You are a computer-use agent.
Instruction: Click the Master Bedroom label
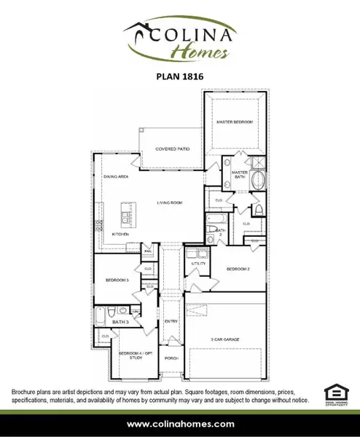[234, 122]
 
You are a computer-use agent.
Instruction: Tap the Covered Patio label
[173, 149]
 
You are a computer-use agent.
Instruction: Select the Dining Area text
[115, 176]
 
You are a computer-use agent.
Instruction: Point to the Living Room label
[168, 202]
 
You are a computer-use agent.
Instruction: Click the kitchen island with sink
[125, 218]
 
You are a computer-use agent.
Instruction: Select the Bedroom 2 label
[238, 269]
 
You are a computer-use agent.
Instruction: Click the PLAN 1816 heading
[179, 74]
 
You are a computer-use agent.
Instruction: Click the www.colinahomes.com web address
[180, 423]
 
